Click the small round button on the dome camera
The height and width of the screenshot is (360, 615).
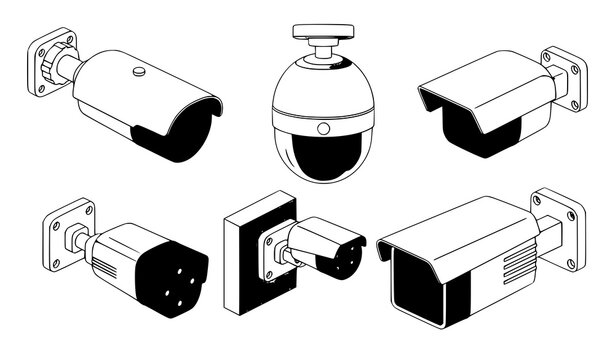pos(322,129)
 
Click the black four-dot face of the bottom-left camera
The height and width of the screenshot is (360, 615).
pos(176,280)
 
